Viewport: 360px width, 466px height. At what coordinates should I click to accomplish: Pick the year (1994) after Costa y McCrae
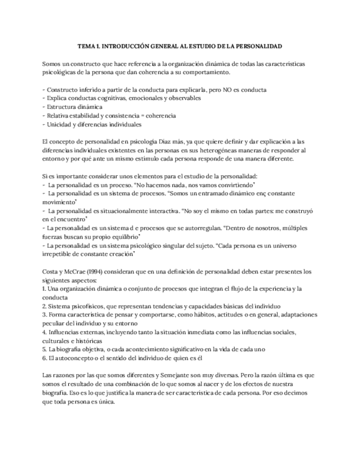coord(95,271)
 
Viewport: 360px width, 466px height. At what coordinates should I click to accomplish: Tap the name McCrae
coord(73,271)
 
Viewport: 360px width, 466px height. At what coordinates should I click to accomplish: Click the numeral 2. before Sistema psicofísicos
coord(44,306)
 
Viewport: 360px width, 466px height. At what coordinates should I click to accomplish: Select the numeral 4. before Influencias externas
coord(44,332)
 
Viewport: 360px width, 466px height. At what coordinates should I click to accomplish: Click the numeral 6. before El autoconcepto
coord(44,358)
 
